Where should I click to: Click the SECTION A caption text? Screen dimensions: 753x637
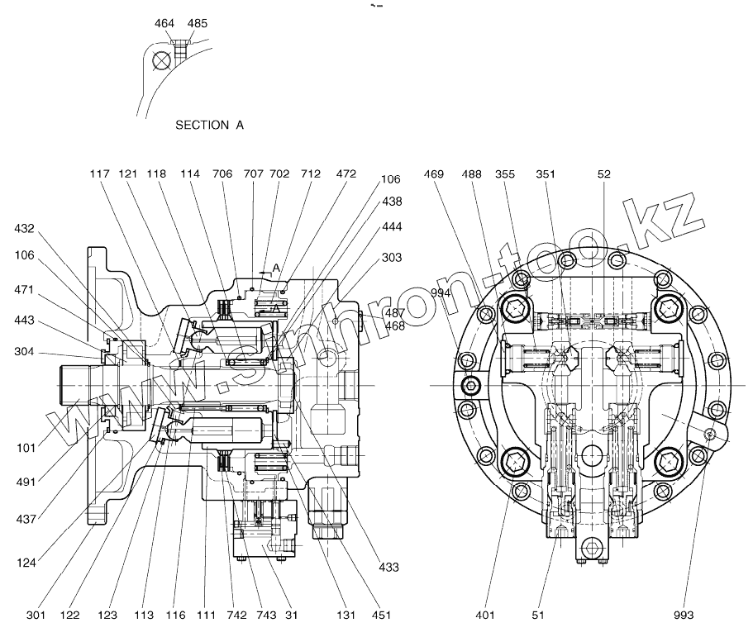pos(209,126)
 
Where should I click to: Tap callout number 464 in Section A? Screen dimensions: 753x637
pos(164,23)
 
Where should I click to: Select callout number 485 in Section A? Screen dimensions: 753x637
pos(198,23)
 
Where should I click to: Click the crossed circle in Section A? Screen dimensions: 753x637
pos(161,60)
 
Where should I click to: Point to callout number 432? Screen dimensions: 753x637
pos(25,229)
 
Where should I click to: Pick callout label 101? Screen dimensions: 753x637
pos(26,448)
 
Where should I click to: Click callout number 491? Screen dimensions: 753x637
pos(26,482)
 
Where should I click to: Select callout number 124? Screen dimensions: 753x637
pos(26,563)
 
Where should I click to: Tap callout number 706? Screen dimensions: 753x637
pos(222,174)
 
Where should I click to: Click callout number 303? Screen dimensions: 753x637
pos(392,258)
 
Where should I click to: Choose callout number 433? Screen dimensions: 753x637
pos(388,568)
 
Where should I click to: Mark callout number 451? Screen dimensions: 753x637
pos(381,615)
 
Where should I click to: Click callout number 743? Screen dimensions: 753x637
pos(266,615)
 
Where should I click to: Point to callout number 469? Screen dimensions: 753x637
pos(434,174)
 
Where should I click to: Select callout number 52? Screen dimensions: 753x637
pos(603,174)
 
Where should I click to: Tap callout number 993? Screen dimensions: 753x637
pos(684,615)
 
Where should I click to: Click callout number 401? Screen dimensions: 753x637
pos(484,615)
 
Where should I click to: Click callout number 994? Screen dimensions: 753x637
pos(441,293)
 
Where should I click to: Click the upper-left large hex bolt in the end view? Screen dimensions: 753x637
pos(516,309)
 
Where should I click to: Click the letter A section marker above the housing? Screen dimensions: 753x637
pos(275,268)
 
